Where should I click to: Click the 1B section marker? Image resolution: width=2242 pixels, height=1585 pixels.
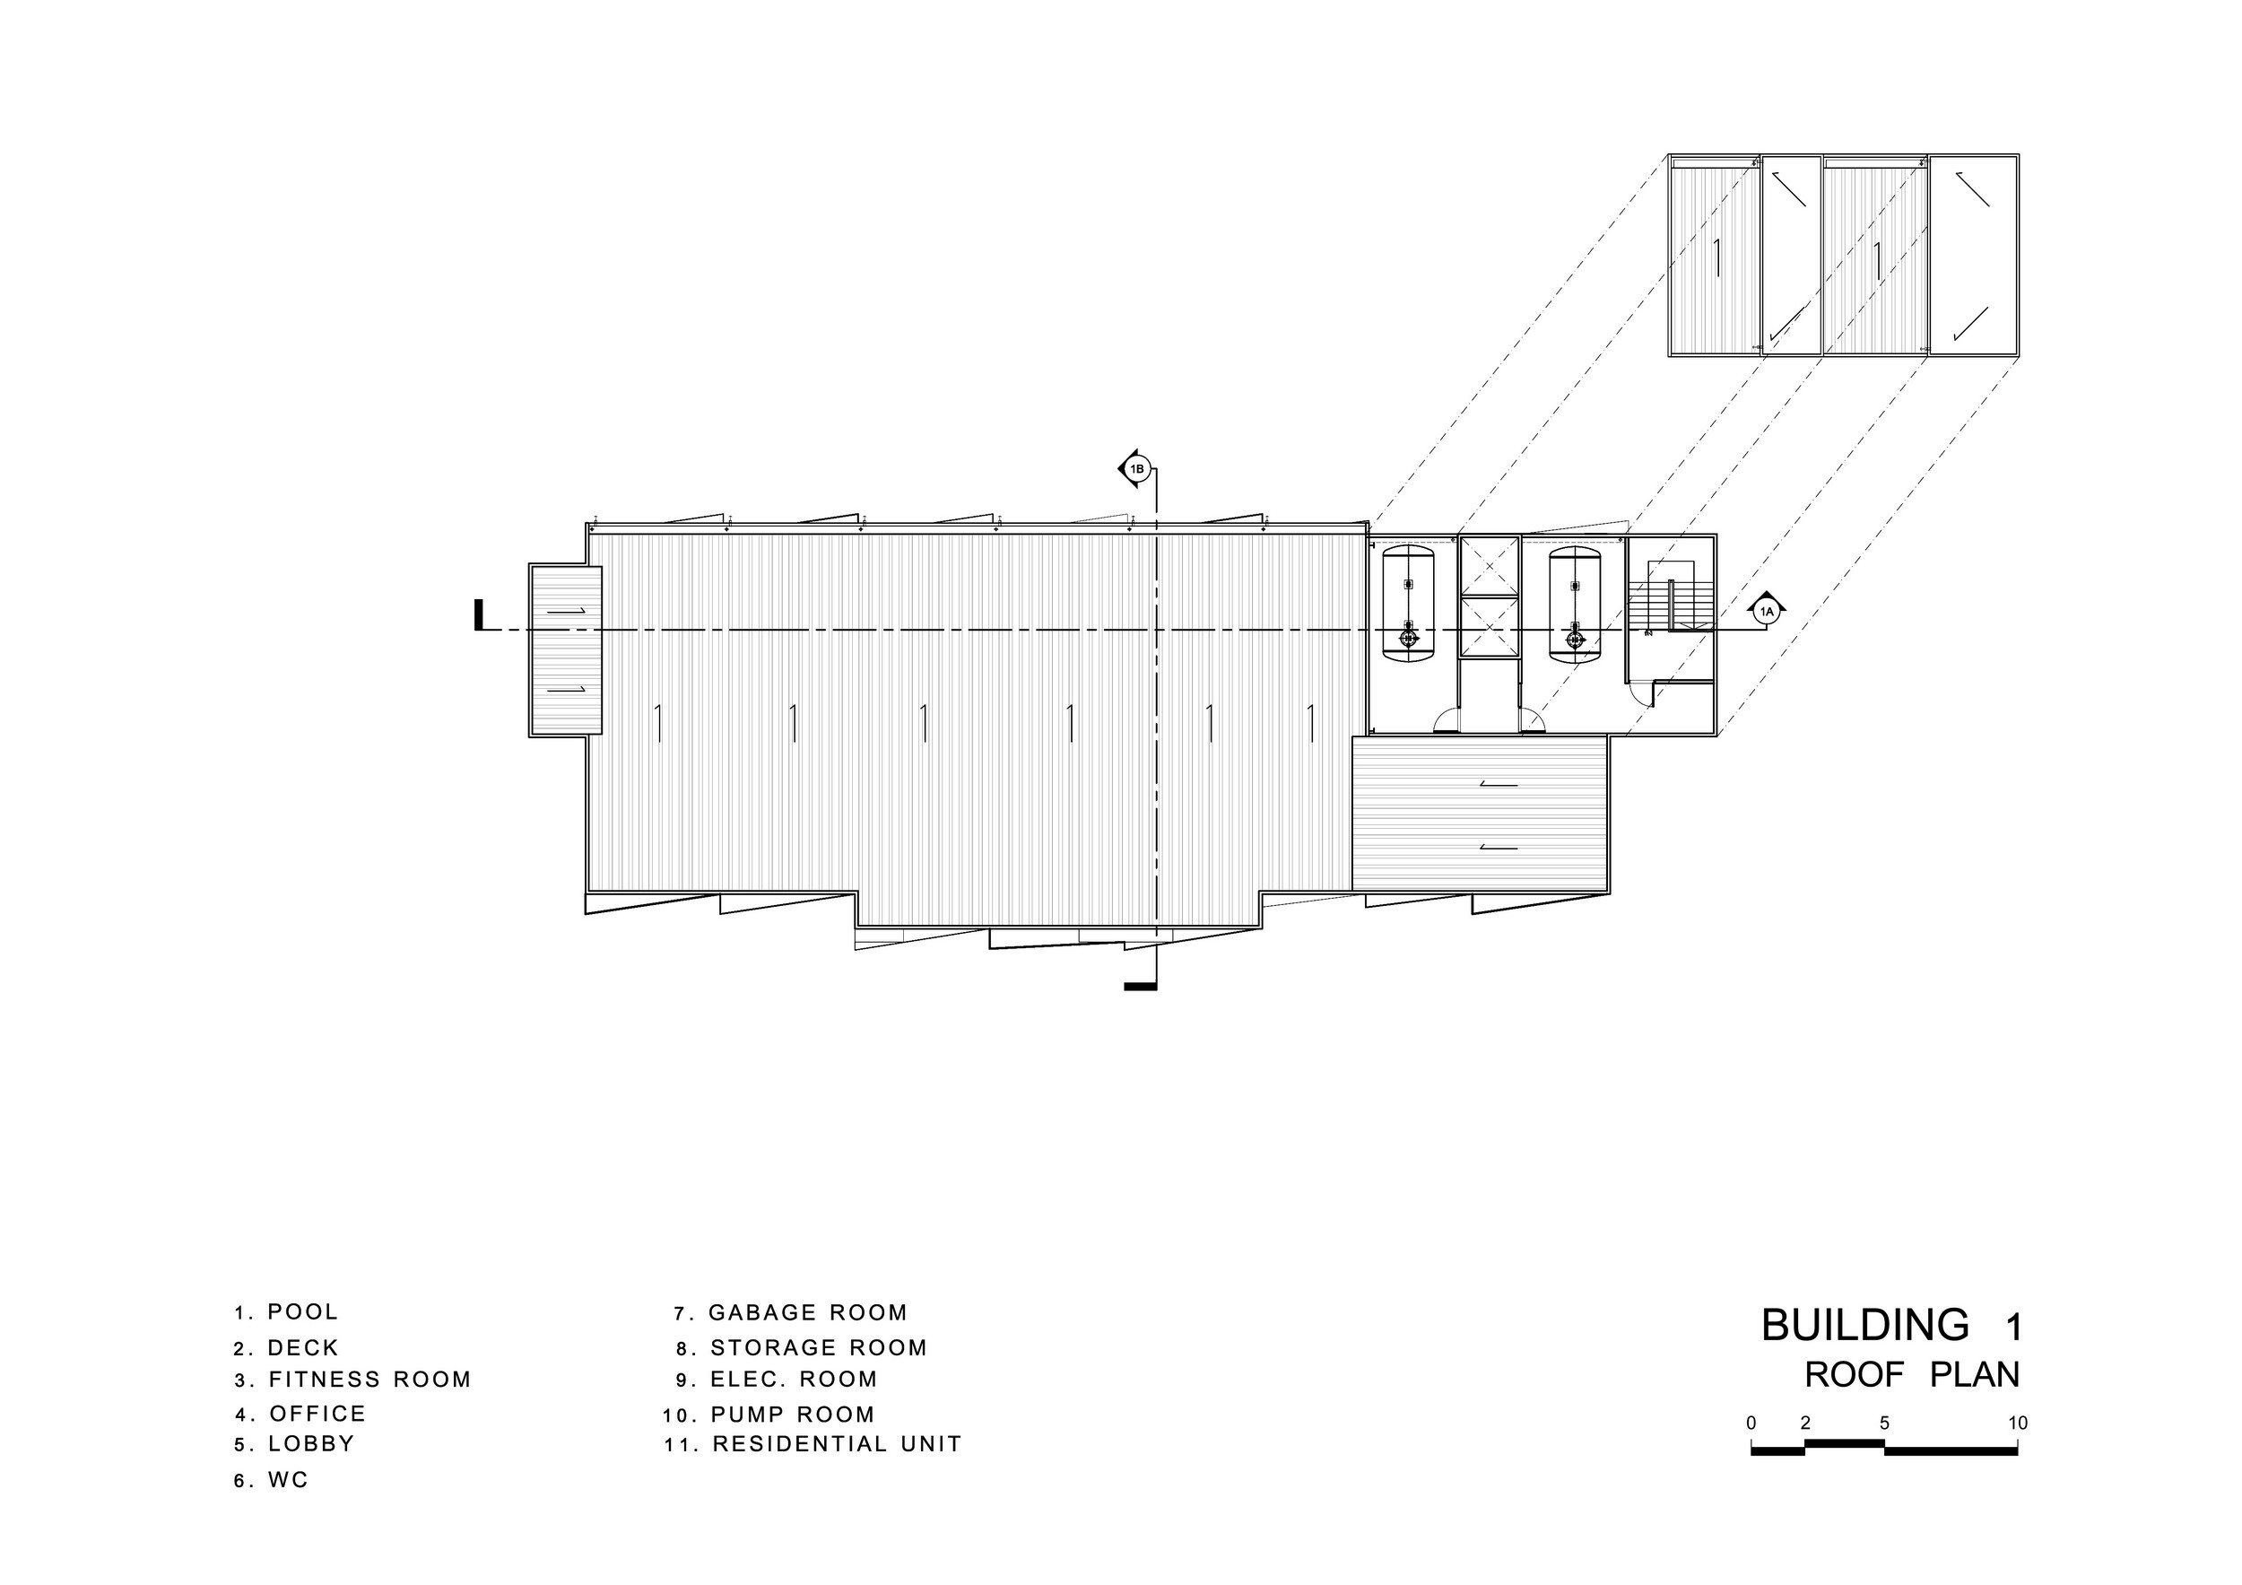pos(1135,470)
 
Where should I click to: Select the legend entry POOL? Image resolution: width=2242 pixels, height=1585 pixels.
pos(287,1312)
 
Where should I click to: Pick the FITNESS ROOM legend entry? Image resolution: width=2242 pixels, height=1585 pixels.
pos(352,1380)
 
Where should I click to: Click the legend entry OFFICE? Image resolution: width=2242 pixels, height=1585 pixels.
pos(300,1414)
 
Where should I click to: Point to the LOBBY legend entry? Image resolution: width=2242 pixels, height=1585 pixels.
pos(295,1444)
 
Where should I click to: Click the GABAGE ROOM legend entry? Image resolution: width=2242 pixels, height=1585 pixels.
pos(791,1313)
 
